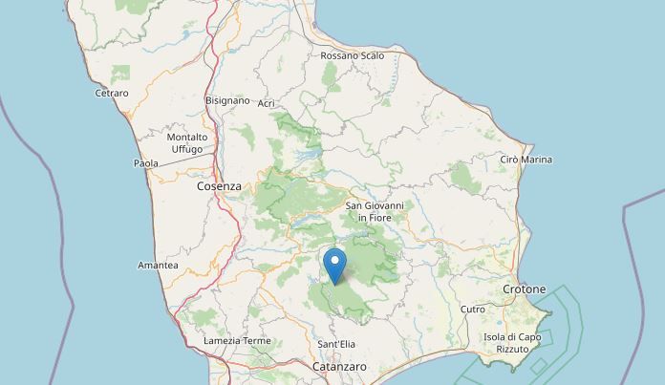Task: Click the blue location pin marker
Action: coord(334,262)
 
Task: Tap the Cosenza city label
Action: coord(219,186)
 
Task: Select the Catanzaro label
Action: coord(339,367)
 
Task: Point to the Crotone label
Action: coord(524,289)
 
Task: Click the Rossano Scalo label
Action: coord(353,55)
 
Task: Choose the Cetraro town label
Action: coord(112,93)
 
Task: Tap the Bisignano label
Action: coord(227,99)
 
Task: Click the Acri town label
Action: coord(266,102)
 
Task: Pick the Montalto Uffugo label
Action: coord(186,143)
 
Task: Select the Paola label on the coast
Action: coord(145,163)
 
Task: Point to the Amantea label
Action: coord(158,265)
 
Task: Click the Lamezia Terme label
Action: coord(237,341)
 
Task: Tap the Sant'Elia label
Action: coord(335,344)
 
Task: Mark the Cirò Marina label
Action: coord(526,160)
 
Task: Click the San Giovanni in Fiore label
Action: coord(375,211)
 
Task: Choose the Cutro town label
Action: coord(473,310)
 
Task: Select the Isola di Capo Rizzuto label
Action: coord(512,343)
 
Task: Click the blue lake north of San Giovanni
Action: coord(308,155)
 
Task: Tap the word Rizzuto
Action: coord(512,350)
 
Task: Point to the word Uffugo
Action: coord(186,149)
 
